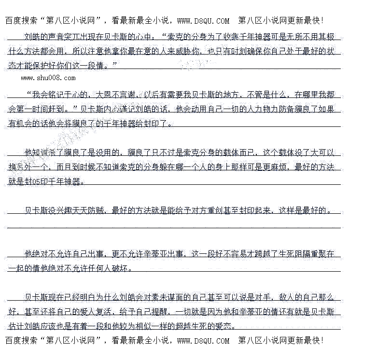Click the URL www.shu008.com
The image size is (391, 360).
pos(48,78)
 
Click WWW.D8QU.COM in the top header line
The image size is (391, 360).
pos(203,21)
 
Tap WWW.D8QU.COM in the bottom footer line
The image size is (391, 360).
pos(203,341)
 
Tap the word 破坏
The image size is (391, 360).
pos(124,268)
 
